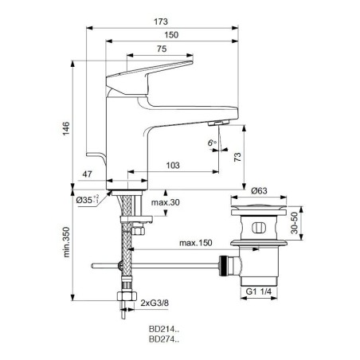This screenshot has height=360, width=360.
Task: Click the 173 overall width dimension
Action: [161, 22]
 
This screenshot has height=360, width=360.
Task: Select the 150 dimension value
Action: [171, 35]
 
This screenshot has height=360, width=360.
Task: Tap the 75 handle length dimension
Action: [162, 49]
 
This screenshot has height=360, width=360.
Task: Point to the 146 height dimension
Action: [66, 128]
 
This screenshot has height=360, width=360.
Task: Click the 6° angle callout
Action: [212, 143]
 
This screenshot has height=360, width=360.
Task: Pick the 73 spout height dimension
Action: [238, 157]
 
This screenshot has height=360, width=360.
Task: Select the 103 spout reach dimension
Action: [173, 166]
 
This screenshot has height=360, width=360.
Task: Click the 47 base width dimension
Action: [87, 174]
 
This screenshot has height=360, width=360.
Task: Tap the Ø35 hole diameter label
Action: [88, 200]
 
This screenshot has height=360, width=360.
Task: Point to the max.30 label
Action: [166, 202]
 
